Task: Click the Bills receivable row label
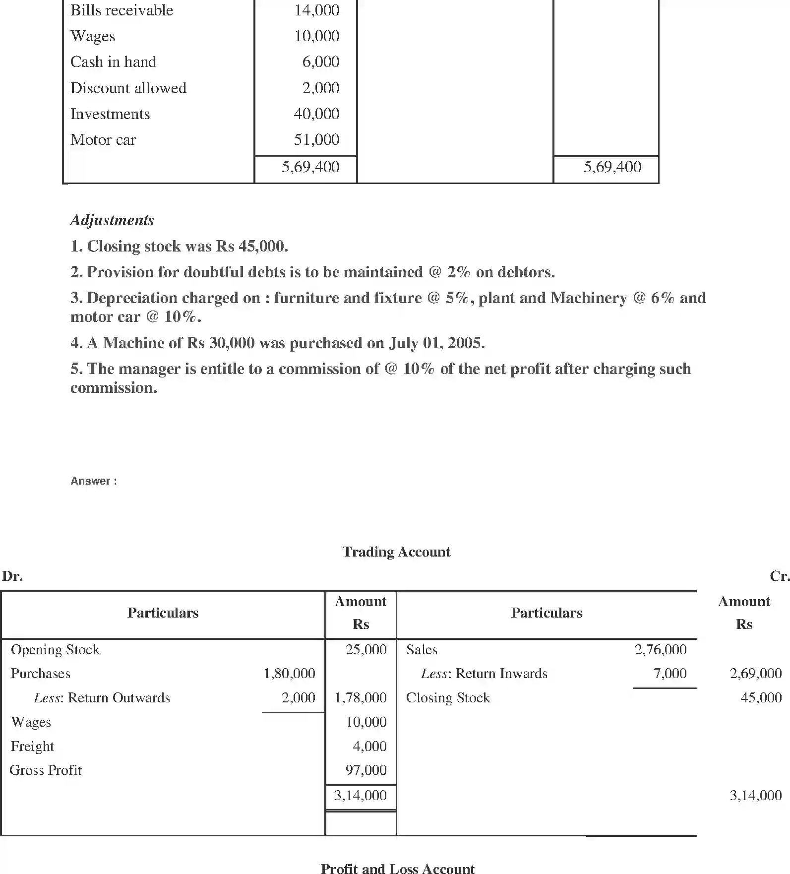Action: [122, 10]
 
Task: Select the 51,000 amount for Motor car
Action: [316, 140]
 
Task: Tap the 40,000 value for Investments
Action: [316, 114]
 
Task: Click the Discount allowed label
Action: [128, 88]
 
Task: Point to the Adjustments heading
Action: [112, 220]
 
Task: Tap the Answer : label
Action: [94, 481]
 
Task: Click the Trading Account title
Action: [396, 552]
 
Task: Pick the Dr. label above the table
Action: [12, 576]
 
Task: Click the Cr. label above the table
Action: [779, 576]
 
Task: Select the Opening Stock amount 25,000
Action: [365, 650]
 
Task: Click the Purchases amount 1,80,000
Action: [289, 674]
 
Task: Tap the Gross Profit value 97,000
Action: [365, 770]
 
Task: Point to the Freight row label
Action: [32, 747]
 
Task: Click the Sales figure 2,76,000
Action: [660, 650]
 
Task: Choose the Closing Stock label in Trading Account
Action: [447, 698]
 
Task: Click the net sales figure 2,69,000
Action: [755, 674]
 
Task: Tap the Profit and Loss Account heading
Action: [397, 868]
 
